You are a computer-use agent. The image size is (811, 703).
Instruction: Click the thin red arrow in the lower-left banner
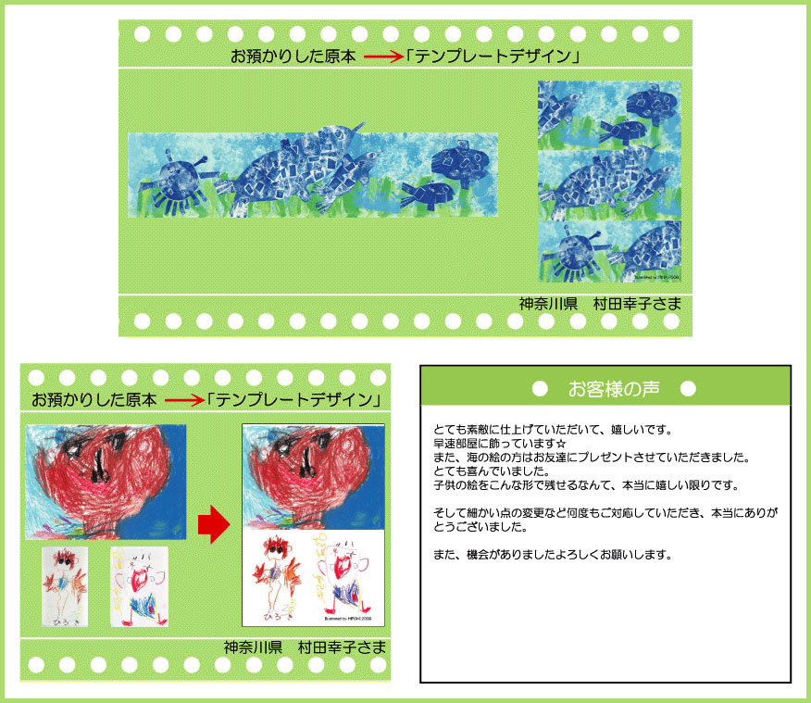[x=182, y=401]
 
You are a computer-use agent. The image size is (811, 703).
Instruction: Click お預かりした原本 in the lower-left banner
[x=94, y=401]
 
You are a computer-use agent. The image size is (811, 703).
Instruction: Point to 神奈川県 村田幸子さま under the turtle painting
[x=600, y=304]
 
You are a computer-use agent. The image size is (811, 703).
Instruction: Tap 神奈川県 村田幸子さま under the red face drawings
[x=304, y=646]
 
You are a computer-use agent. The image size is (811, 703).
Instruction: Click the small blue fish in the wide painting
[x=427, y=194]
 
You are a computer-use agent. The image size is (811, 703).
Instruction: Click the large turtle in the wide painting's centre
[x=278, y=171]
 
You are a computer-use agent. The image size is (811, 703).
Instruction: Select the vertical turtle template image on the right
[x=609, y=182]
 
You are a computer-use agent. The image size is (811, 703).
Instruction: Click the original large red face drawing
[x=106, y=482]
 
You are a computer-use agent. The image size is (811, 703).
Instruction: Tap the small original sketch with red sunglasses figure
[x=65, y=585]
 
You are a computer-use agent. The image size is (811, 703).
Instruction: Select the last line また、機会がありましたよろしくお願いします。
[x=550, y=555]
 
